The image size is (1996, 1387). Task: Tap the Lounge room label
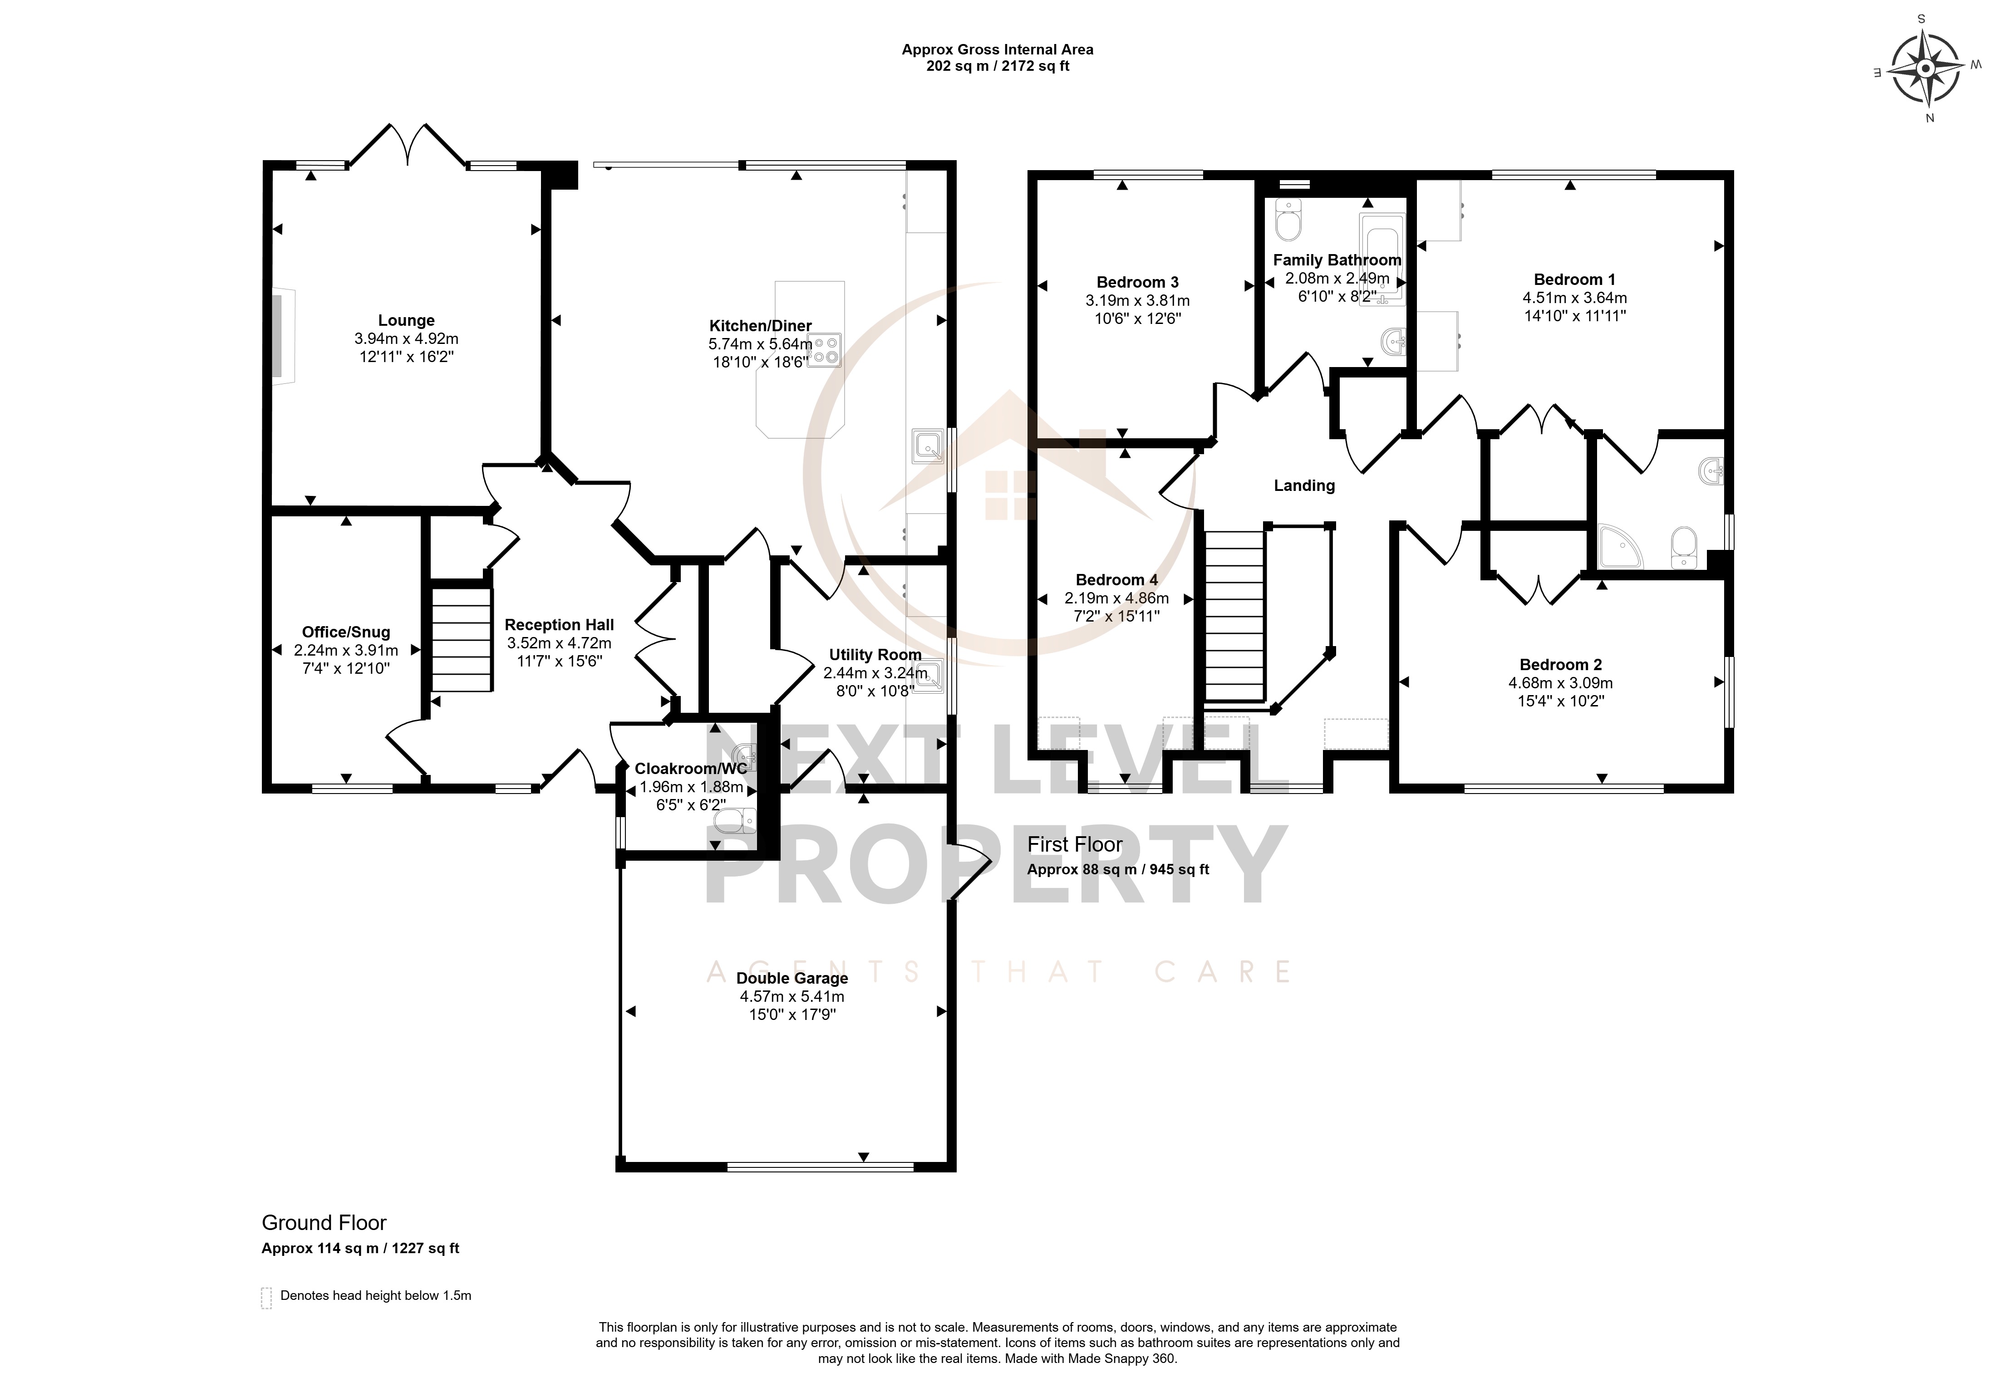pos(406,321)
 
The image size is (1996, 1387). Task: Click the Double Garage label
pos(792,979)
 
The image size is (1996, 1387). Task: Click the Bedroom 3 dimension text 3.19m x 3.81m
pos(1137,301)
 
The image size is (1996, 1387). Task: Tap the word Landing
pos(1304,486)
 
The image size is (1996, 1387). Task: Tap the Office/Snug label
pos(346,632)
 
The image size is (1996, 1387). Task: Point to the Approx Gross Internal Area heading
pos(997,49)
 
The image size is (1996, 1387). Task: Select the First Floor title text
pos(1075,844)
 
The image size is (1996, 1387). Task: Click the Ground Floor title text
pos(324,1223)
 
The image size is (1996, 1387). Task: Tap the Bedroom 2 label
pos(1560,665)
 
